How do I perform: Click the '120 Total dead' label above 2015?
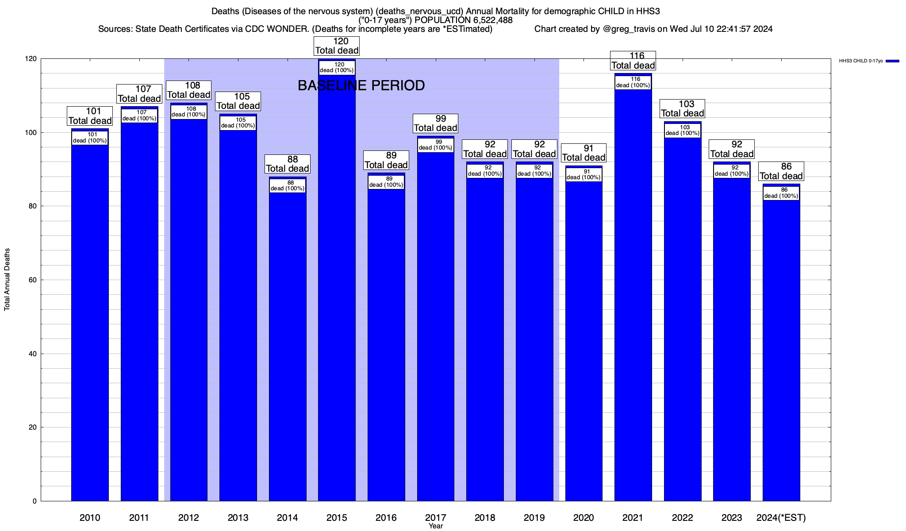337,46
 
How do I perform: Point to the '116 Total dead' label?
633,61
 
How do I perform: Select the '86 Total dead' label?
781,171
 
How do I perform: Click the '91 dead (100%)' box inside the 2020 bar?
584,174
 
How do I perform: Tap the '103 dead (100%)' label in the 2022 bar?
682,130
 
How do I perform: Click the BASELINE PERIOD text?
361,85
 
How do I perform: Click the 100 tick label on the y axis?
32,133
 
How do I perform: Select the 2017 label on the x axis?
435,518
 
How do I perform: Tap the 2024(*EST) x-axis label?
781,518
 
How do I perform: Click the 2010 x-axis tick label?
90,518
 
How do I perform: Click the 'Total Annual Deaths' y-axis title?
7,280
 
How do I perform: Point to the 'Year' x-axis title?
436,526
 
